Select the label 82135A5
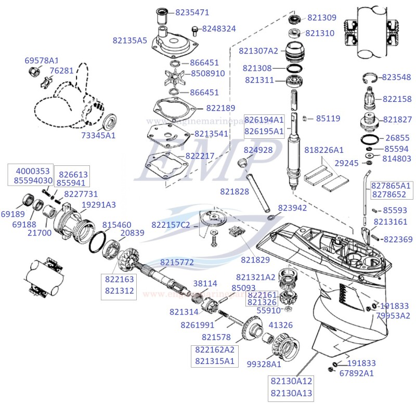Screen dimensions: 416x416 [130, 40]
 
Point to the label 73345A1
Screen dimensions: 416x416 [98, 135]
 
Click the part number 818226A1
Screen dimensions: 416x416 [324, 150]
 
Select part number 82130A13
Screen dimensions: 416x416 [292, 394]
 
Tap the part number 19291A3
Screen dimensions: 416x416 [99, 204]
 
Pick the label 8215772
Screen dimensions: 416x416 [177, 263]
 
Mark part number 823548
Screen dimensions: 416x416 [396, 77]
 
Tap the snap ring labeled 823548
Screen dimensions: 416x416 [369, 79]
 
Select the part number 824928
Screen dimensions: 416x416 [258, 150]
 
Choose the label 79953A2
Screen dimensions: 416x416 [393, 316]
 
